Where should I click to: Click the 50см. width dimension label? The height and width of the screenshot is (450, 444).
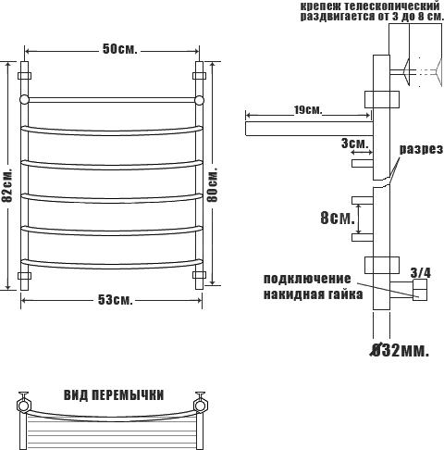[x=120, y=49]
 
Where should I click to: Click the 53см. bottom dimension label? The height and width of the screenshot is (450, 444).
[x=116, y=299]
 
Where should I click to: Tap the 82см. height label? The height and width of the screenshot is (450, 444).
[x=6, y=185]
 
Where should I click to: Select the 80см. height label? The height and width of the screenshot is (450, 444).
[x=213, y=184]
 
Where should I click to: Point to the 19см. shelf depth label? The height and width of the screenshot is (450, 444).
[x=308, y=109]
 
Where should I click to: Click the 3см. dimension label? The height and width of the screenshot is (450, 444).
[x=354, y=144]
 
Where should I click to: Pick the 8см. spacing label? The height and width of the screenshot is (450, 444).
[x=338, y=219]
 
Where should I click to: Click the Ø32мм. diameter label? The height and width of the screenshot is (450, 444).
[x=400, y=350]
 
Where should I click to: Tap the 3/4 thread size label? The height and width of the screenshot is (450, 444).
[x=420, y=273]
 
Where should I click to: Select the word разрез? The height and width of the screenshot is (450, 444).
[x=422, y=150]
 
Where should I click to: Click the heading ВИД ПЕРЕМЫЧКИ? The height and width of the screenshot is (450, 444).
[x=114, y=395]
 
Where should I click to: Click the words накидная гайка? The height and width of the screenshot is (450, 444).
[x=313, y=294]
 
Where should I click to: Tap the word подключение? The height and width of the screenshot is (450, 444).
[x=307, y=279]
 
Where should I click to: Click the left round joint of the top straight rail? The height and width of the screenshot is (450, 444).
[x=24, y=100]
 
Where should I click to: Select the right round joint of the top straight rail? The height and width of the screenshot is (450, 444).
[x=199, y=100]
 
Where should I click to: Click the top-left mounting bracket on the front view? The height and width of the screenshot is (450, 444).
[x=24, y=76]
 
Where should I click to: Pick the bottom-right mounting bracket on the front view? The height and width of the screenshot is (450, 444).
[x=199, y=275]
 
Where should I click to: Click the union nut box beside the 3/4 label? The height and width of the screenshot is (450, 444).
[x=420, y=290]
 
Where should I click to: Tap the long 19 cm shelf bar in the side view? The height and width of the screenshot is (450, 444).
[x=309, y=129]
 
